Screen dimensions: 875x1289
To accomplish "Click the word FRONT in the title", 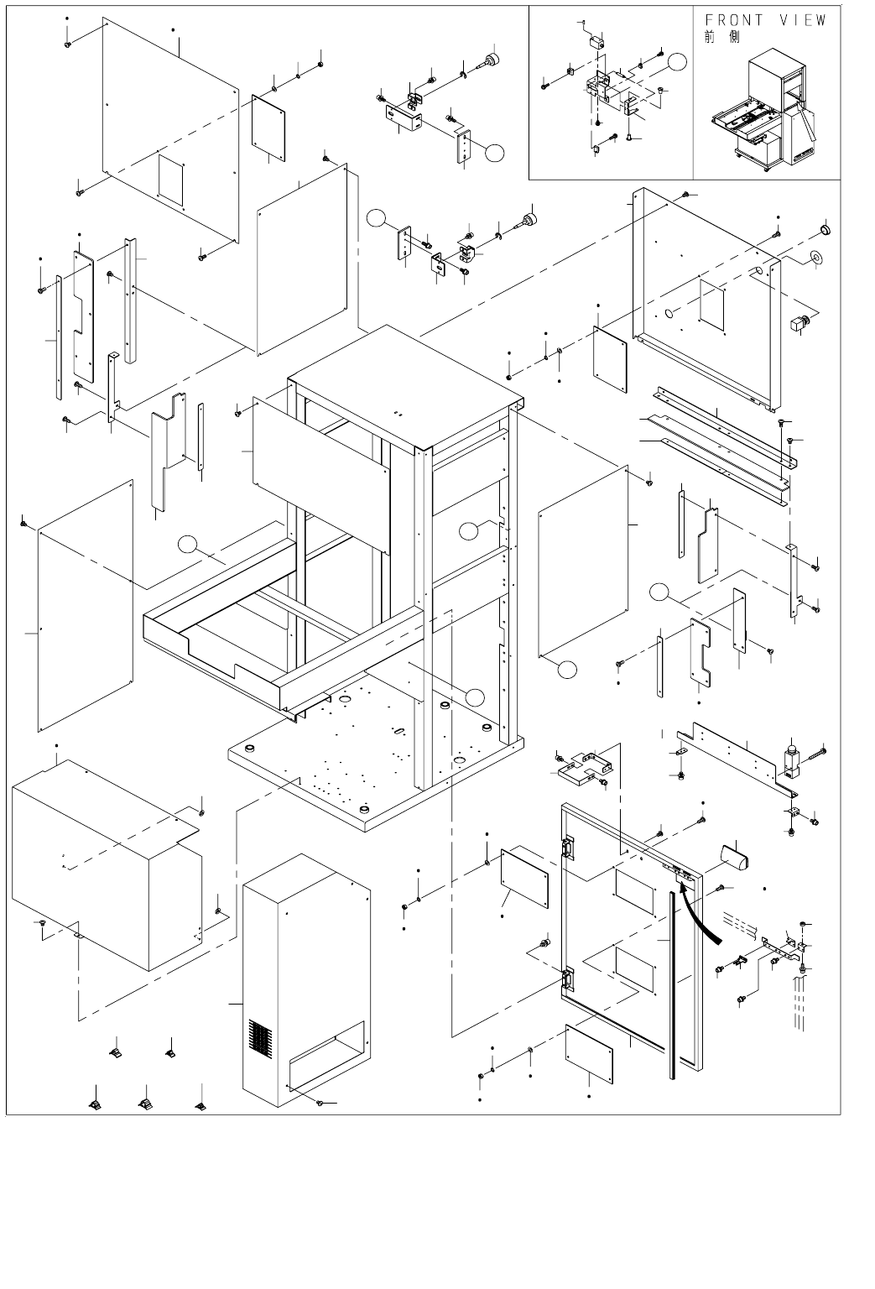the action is click(x=734, y=20).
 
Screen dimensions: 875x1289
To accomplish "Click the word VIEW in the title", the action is click(x=803, y=20).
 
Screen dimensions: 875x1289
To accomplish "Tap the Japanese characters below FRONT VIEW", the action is click(x=722, y=38).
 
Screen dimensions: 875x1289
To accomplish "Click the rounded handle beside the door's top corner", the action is click(x=735, y=858).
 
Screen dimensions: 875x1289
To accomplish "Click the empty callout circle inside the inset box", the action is click(x=677, y=61).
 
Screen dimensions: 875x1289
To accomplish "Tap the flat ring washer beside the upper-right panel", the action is click(x=815, y=257).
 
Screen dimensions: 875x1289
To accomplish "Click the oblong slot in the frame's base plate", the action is click(x=398, y=731).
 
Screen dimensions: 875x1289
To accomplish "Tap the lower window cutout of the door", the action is click(x=634, y=969).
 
